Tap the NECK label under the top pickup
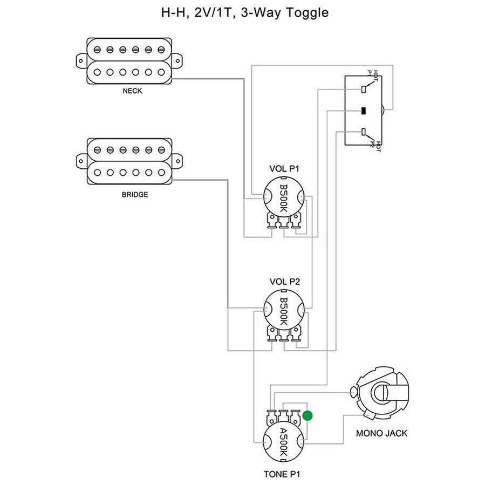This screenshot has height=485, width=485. point(132,91)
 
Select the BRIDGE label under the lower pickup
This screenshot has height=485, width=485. point(134,194)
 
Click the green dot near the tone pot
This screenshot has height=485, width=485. point(308,415)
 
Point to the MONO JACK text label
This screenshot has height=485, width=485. point(382,433)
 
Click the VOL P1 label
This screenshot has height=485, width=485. point(284,169)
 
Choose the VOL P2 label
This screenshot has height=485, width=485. point(284,281)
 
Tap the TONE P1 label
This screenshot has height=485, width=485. point(282,474)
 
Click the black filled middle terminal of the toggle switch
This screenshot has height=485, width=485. point(364,111)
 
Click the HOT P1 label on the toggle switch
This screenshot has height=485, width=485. point(373,74)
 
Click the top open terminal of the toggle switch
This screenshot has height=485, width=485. point(364,88)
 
